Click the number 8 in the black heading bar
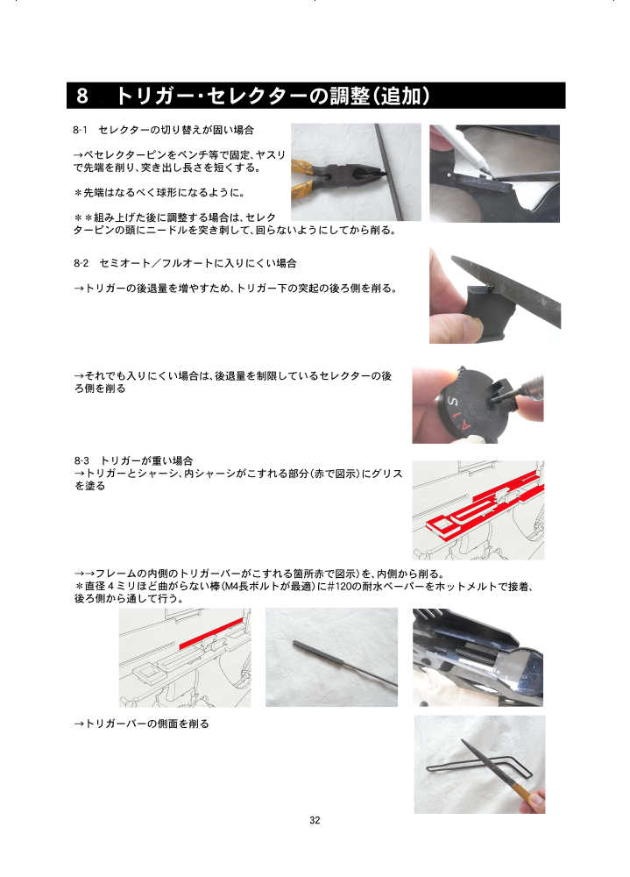pyautogui.click(x=82, y=96)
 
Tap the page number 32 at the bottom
pyautogui.click(x=315, y=820)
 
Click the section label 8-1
pyautogui.click(x=80, y=131)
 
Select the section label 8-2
pyautogui.click(x=81, y=263)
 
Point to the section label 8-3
pyautogui.click(x=81, y=461)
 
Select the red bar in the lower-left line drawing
pyautogui.click(x=211, y=633)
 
